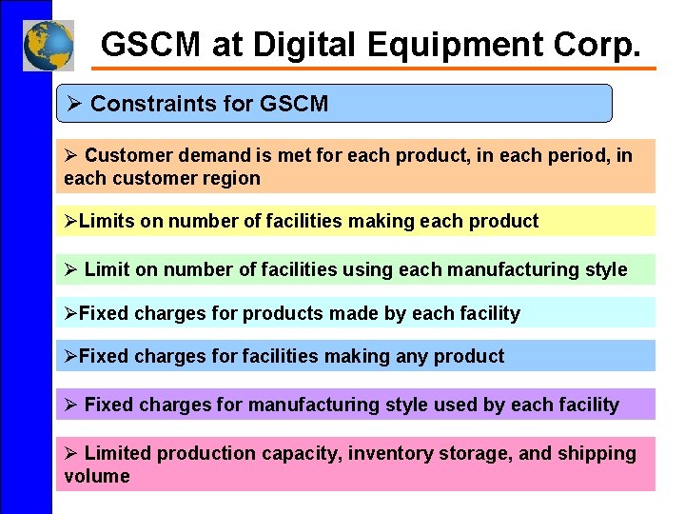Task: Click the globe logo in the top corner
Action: point(49,45)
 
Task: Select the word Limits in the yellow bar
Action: point(107,222)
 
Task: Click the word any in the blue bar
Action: point(411,356)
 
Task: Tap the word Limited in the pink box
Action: point(119,453)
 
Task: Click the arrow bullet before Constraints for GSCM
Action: point(73,104)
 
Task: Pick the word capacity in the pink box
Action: point(298,453)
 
